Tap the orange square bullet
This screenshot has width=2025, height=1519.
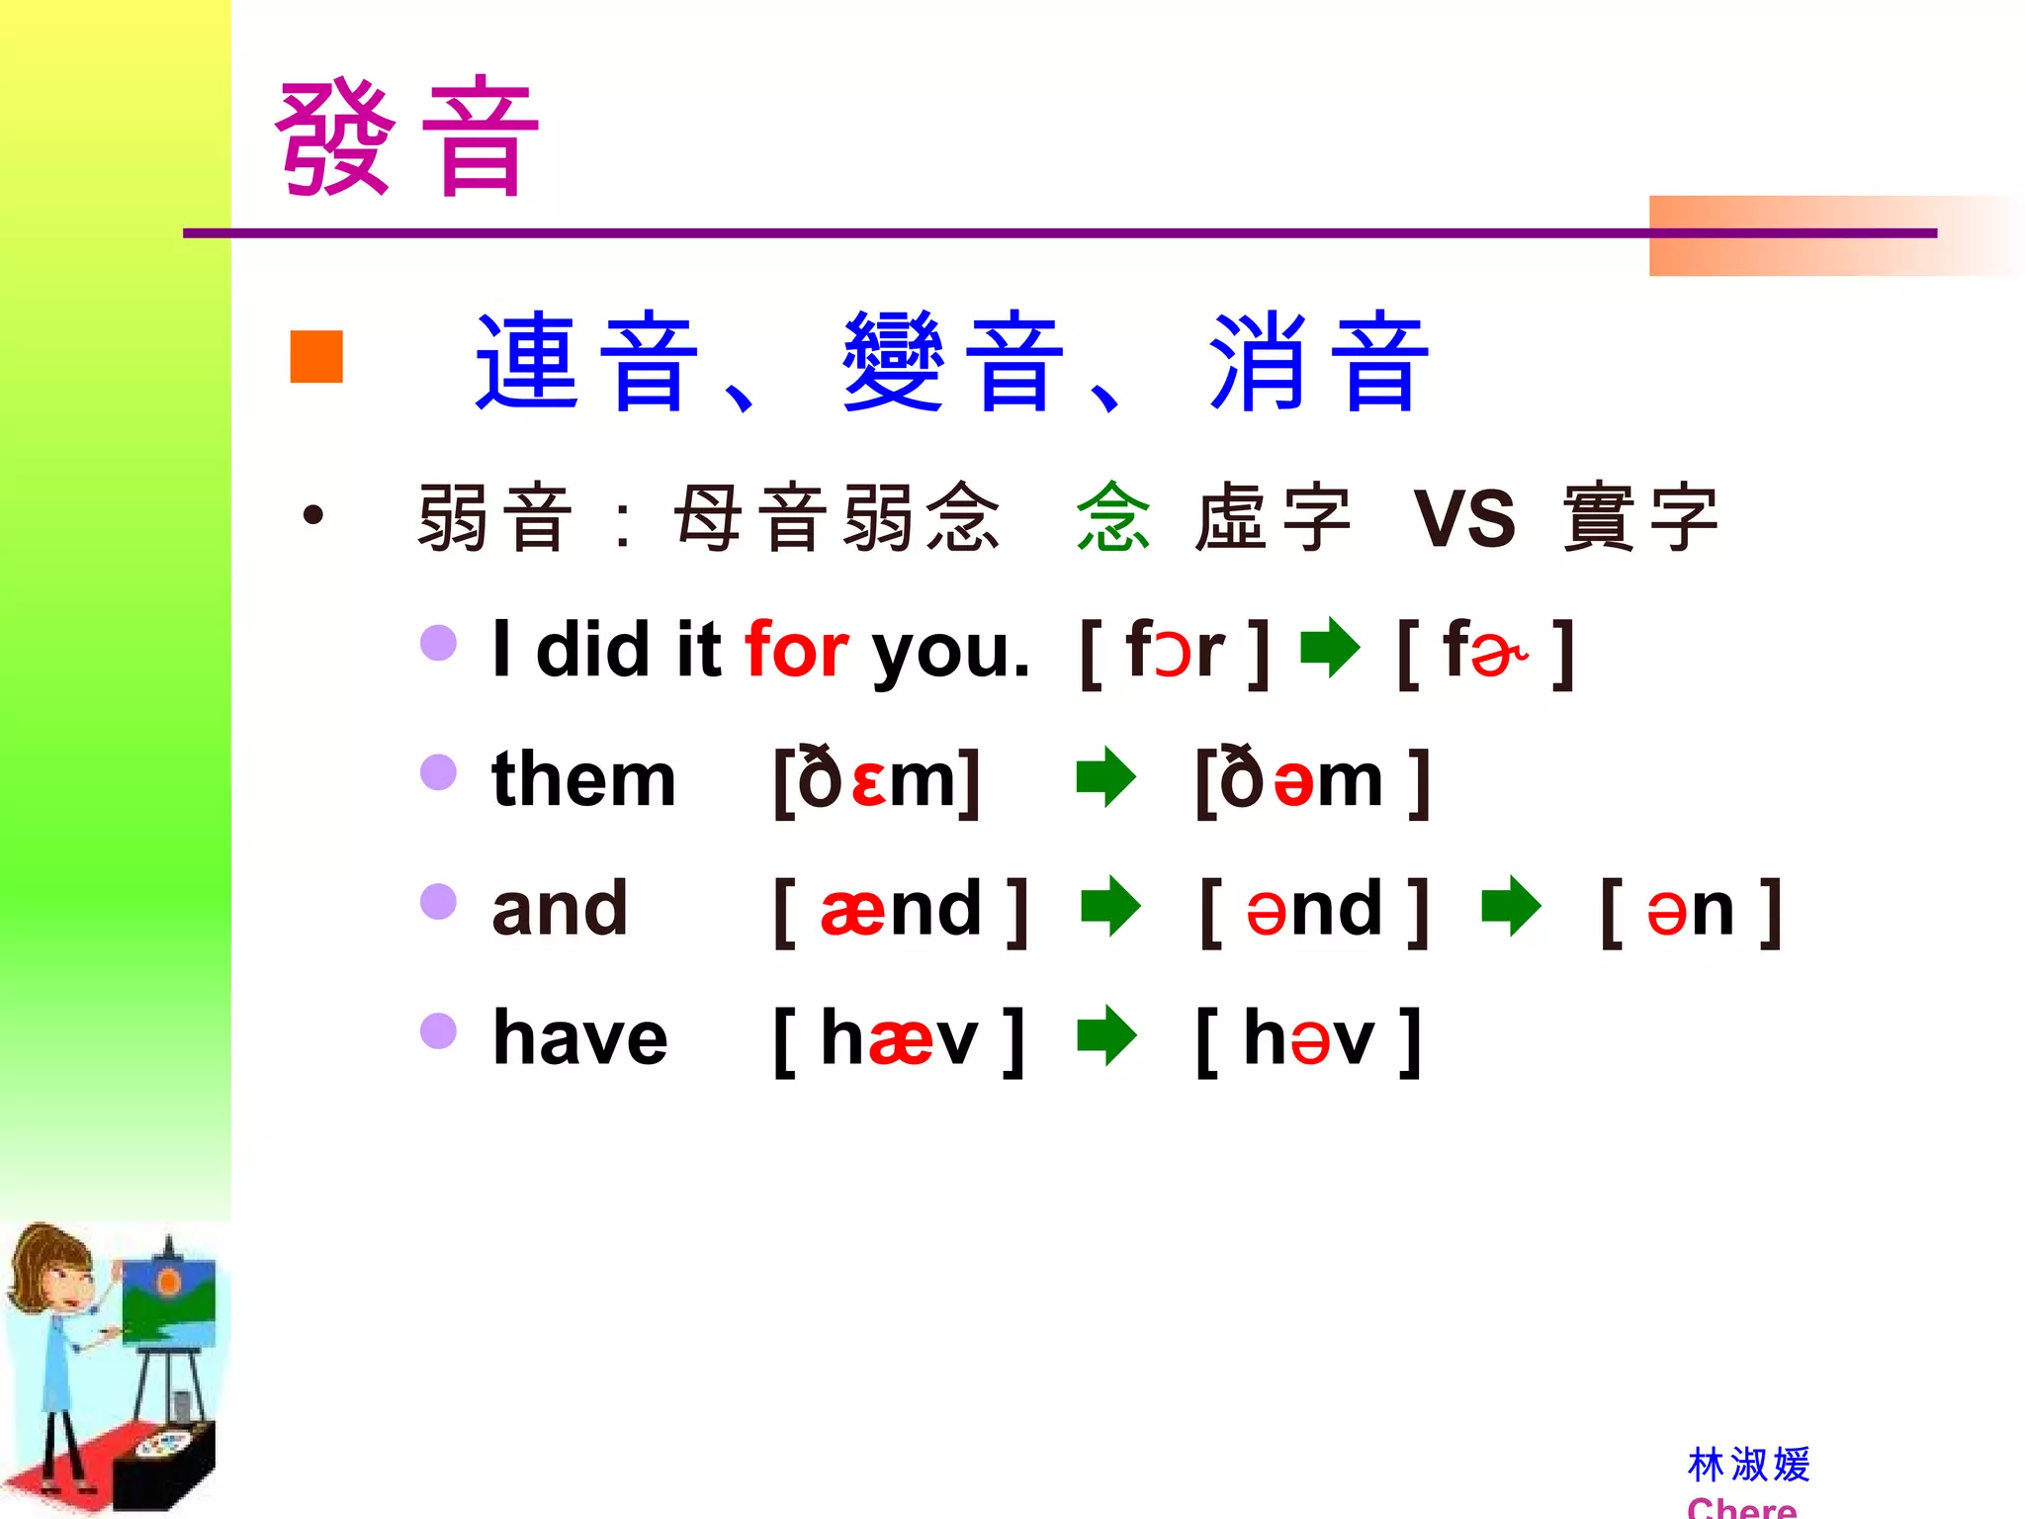point(316,356)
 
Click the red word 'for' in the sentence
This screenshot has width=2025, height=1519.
point(796,650)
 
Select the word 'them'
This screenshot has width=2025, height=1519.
point(583,779)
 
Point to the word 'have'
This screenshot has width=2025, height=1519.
point(580,1038)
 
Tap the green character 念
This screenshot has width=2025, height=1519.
point(1113,517)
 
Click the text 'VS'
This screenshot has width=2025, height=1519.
point(1463,518)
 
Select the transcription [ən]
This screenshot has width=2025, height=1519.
point(1691,910)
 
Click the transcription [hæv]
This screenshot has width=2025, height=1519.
point(899,1038)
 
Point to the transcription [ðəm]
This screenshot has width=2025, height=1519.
point(1312,780)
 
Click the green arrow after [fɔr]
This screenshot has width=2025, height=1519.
point(1330,649)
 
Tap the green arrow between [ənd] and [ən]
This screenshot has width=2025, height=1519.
point(1511,906)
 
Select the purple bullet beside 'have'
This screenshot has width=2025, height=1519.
point(438,1030)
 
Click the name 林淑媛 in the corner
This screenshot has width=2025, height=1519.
point(1748,1465)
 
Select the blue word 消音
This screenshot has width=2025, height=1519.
point(1319,361)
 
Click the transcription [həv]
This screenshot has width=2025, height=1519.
point(1308,1038)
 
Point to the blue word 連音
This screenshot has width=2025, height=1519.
point(587,361)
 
